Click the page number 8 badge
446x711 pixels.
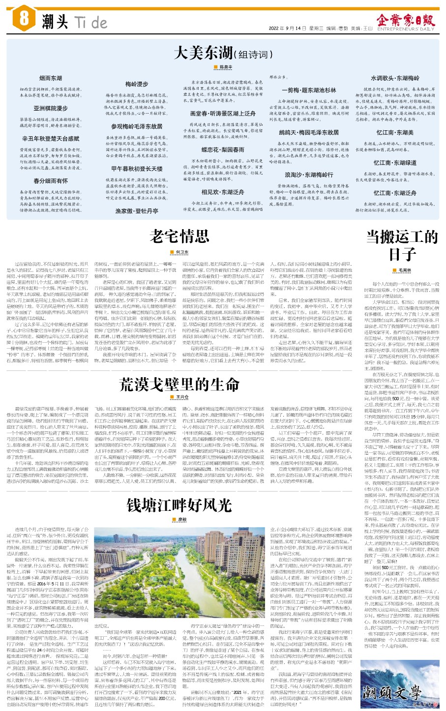tap(24, 20)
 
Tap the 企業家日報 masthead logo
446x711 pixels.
tap(406, 21)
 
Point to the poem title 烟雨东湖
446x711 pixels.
tap(51, 78)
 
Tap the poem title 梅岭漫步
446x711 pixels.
tap(137, 84)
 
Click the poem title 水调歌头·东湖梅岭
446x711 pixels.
tap(395, 78)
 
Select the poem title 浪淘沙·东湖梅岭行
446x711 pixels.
tap(309, 175)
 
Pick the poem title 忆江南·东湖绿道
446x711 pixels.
tap(395, 163)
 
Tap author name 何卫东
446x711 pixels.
tap(182, 252)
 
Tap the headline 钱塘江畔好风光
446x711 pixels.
tap(179, 504)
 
